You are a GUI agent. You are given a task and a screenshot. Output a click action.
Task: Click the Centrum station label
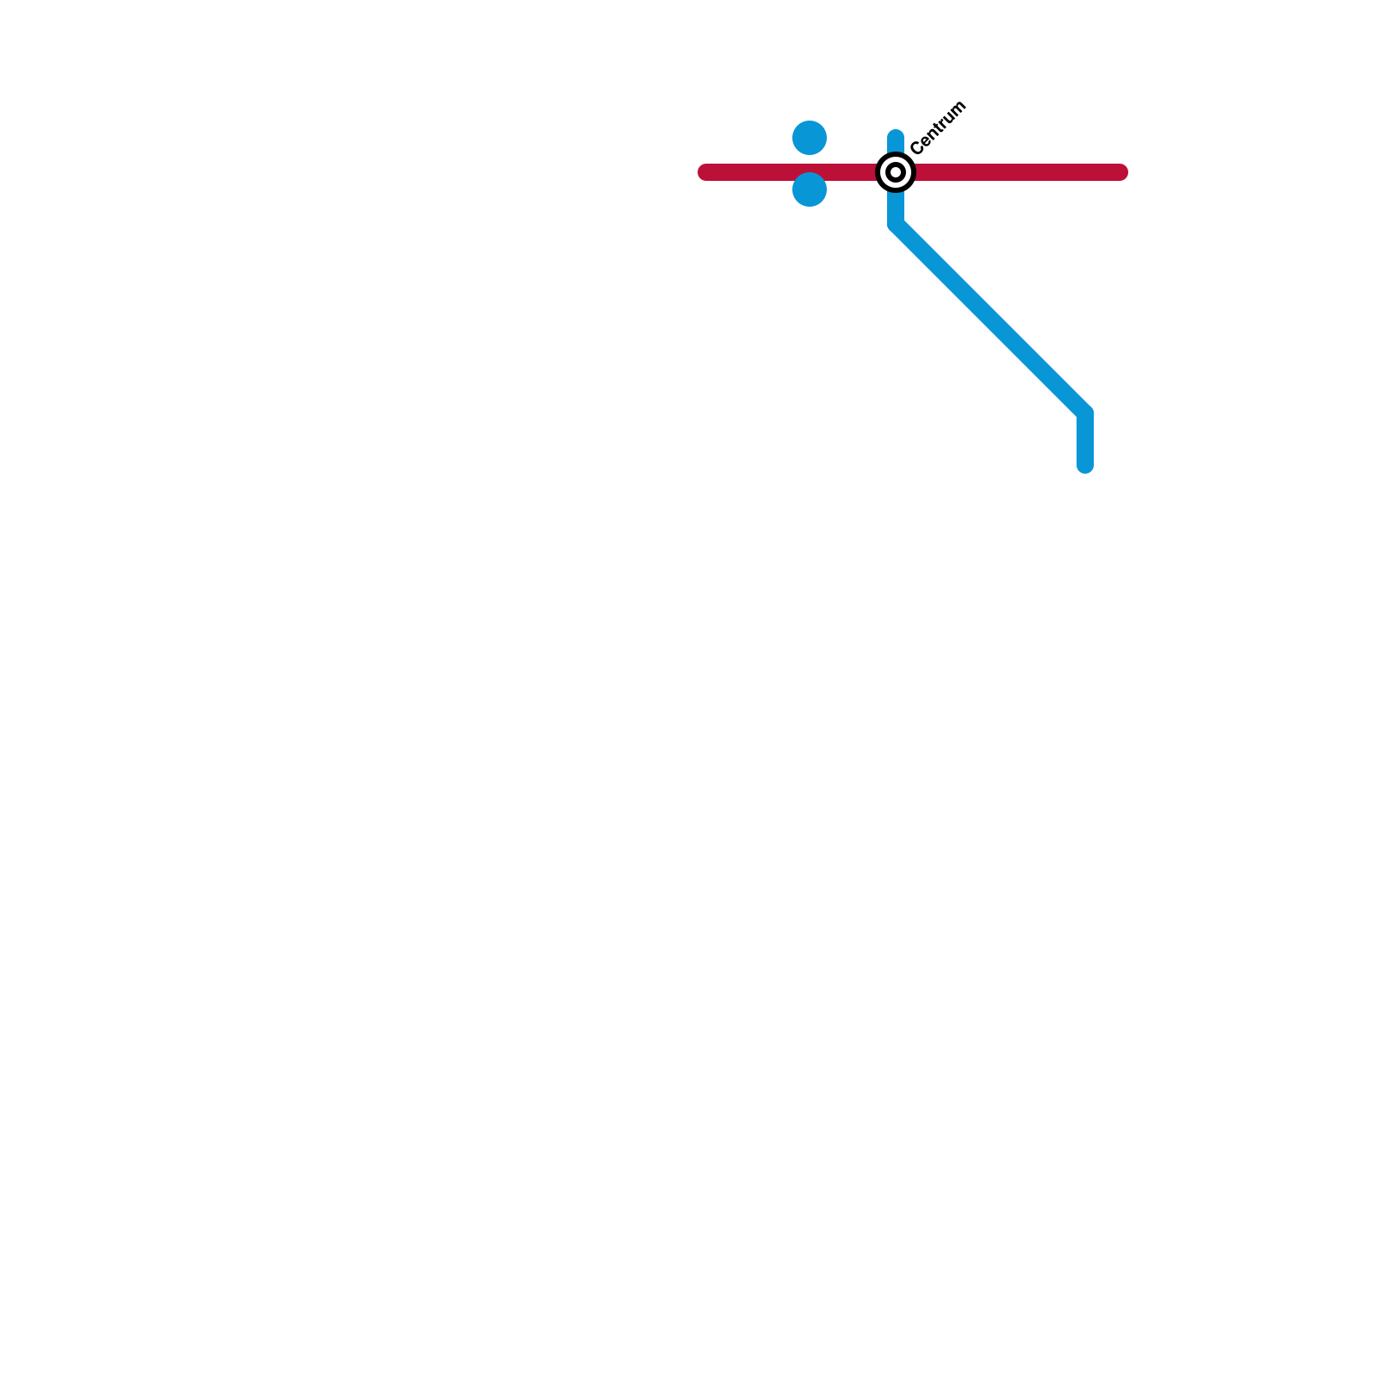938,128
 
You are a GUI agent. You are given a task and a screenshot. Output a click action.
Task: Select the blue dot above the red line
810,138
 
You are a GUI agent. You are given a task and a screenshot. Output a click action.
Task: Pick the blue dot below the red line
810,189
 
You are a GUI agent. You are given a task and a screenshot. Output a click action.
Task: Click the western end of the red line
705,172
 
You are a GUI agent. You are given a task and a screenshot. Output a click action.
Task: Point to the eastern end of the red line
1120,172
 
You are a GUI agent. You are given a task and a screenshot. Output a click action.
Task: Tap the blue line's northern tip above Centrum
896,136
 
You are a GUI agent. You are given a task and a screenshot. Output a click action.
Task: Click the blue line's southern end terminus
1085,466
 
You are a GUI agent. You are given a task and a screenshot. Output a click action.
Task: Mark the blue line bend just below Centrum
896,226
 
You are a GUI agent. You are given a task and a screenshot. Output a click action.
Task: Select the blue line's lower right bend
1084,413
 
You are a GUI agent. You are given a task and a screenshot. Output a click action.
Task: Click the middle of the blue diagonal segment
990,319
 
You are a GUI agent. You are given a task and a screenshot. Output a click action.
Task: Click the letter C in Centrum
916,149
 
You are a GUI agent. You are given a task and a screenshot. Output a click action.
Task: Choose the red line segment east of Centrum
1016,172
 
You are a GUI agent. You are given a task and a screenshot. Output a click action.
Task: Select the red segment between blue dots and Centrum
853,172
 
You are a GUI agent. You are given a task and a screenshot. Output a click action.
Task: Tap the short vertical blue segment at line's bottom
1085,441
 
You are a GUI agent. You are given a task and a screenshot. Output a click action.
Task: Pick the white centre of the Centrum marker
896,172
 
